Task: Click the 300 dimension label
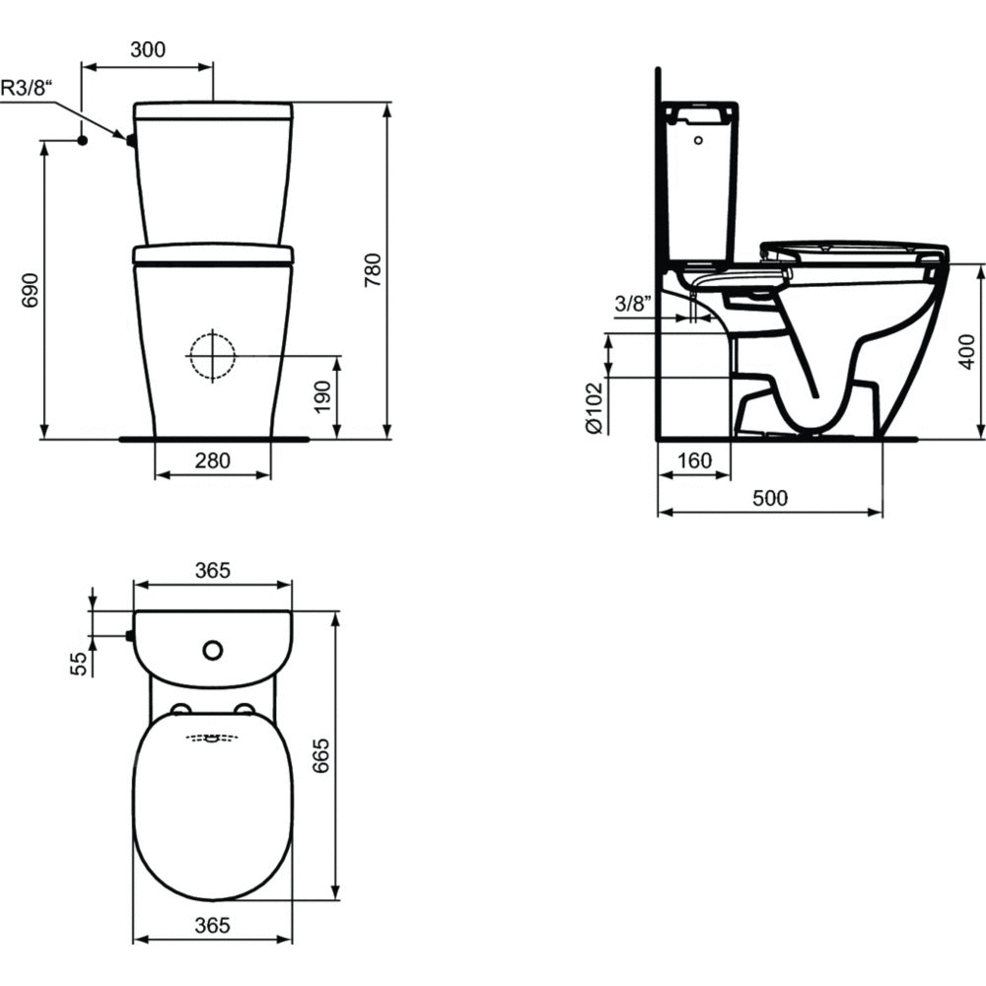(148, 49)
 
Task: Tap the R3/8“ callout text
(26, 88)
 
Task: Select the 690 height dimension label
(31, 291)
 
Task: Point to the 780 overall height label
(373, 270)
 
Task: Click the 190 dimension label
(322, 396)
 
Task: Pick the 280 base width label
(213, 460)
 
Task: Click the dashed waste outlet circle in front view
(213, 356)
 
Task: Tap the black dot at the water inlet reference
(82, 140)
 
